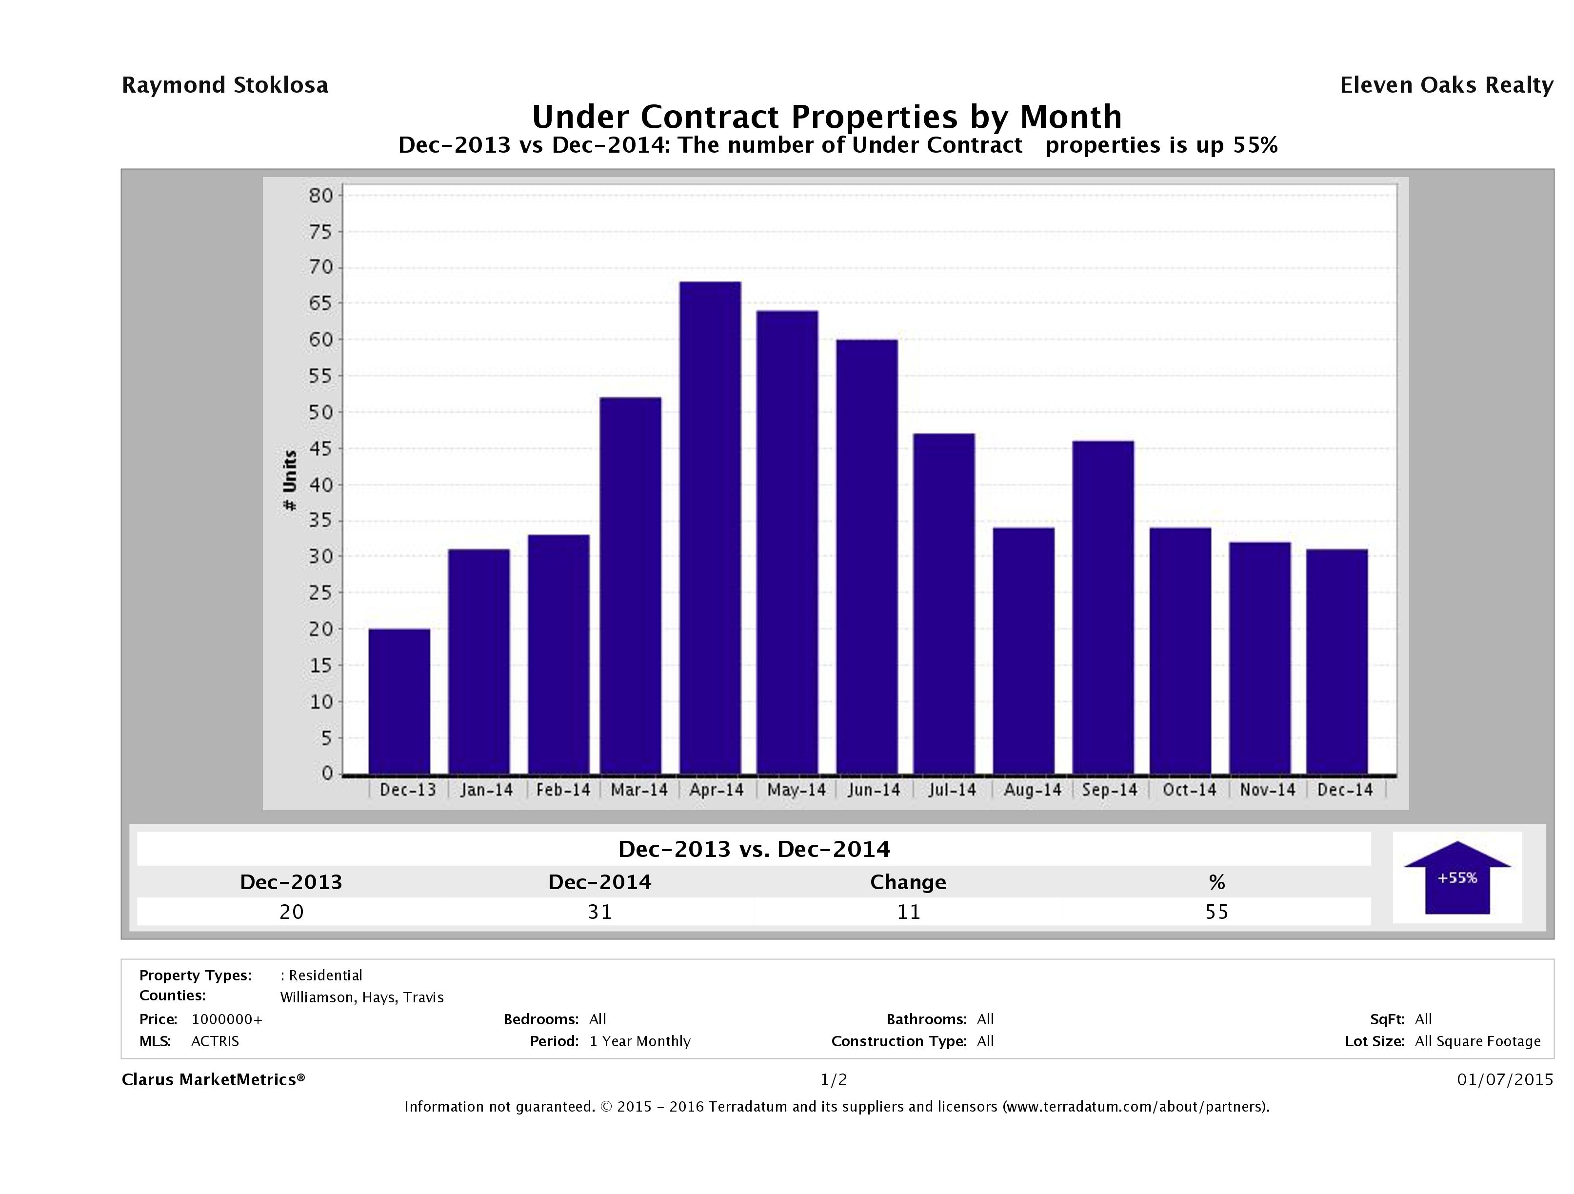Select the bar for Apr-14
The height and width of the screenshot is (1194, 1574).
tap(710, 527)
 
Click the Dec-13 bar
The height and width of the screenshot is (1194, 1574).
tap(399, 701)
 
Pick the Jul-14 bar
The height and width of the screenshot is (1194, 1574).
tap(944, 603)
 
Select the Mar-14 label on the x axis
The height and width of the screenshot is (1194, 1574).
tap(639, 790)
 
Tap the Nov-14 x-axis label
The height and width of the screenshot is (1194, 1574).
tap(1267, 790)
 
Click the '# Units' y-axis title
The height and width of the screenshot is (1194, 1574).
tap(290, 480)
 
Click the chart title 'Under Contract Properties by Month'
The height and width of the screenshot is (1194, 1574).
tap(827, 116)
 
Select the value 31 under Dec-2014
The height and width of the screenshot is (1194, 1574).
tap(600, 912)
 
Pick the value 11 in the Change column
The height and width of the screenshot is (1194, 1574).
tap(909, 912)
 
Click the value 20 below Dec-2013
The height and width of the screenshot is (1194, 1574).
tap(292, 912)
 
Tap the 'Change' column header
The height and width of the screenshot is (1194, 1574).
tap(908, 882)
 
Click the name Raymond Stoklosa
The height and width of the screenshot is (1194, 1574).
tap(225, 85)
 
